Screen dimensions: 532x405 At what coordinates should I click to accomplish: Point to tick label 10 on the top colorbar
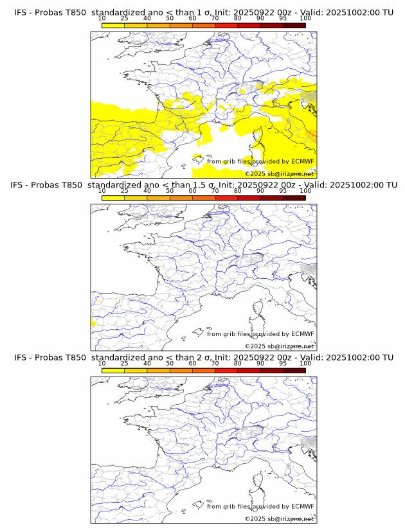pos(102,19)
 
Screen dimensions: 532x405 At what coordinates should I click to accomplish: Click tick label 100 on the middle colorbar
pos(305,191)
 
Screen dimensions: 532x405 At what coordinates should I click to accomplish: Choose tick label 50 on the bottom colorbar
pos(170,363)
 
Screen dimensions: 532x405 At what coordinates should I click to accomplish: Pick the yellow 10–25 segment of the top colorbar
pos(113,24)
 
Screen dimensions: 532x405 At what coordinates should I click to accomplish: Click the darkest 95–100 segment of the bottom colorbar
pos(294,370)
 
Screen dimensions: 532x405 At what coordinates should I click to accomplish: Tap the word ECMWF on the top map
pos(303,161)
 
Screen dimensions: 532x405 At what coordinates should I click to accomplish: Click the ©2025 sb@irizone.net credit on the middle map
pos(279,346)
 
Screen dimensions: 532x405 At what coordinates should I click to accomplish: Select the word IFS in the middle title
pos(19,185)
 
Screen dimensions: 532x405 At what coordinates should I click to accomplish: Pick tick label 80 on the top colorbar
pos(237,19)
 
